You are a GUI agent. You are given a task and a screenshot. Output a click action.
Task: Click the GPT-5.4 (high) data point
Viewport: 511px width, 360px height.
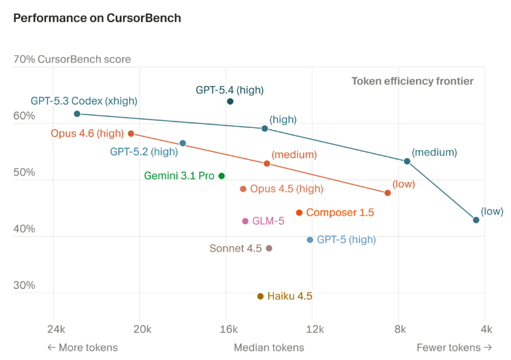click(x=230, y=101)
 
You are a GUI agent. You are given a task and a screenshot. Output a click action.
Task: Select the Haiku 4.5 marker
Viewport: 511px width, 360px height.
click(x=260, y=296)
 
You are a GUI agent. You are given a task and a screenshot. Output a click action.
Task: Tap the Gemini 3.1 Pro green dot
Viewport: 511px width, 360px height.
click(x=222, y=176)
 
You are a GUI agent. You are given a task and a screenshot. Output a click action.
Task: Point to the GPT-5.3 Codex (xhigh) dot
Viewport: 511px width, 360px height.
click(x=77, y=114)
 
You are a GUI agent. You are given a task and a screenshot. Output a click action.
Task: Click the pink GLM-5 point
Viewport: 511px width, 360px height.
click(x=245, y=221)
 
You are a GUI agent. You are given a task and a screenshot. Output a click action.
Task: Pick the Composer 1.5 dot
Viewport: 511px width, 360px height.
click(x=299, y=212)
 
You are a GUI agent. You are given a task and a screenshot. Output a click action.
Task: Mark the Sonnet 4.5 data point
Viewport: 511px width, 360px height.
click(x=269, y=248)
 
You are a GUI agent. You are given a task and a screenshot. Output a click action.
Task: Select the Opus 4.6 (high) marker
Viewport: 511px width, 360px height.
click(x=131, y=134)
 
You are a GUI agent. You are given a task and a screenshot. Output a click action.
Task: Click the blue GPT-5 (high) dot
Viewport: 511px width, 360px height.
click(x=310, y=240)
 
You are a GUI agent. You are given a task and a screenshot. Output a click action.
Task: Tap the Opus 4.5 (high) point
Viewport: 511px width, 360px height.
click(x=243, y=189)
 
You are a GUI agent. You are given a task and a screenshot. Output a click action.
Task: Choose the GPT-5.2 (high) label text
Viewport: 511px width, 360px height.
click(x=144, y=152)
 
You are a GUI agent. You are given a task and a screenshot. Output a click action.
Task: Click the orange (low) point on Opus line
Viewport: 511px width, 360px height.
click(x=387, y=193)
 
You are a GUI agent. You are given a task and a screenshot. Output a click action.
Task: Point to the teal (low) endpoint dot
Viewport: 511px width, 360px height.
click(x=476, y=220)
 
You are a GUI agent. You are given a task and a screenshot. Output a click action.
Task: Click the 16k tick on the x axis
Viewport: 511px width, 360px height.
click(x=229, y=329)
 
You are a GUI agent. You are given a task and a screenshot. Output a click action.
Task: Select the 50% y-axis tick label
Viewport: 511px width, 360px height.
click(x=24, y=172)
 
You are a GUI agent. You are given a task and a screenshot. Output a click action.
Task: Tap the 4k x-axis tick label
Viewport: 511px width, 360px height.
click(x=486, y=329)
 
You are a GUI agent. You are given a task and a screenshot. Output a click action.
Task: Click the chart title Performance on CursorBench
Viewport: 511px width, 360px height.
click(x=97, y=18)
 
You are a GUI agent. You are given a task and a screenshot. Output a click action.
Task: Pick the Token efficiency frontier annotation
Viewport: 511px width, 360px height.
click(x=412, y=81)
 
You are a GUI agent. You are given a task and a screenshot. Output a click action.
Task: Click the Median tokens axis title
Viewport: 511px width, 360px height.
click(x=269, y=348)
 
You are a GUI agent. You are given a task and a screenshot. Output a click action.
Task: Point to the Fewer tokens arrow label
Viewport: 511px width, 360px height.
click(x=454, y=348)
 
